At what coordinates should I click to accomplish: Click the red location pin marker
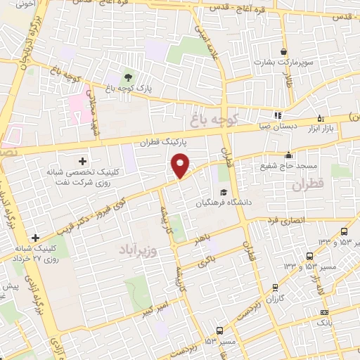(181, 164)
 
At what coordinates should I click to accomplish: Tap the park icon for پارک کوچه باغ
(128, 77)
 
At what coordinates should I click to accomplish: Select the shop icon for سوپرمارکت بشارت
(283, 52)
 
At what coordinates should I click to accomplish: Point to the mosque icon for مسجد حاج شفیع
(288, 155)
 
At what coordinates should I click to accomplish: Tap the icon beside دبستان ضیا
(278, 116)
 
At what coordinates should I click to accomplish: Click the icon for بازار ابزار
(321, 118)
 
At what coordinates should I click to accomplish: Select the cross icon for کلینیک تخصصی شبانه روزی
(82, 162)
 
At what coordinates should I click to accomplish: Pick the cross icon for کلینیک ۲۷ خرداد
(36, 238)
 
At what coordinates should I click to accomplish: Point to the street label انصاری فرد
(286, 220)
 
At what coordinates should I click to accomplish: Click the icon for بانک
(324, 312)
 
